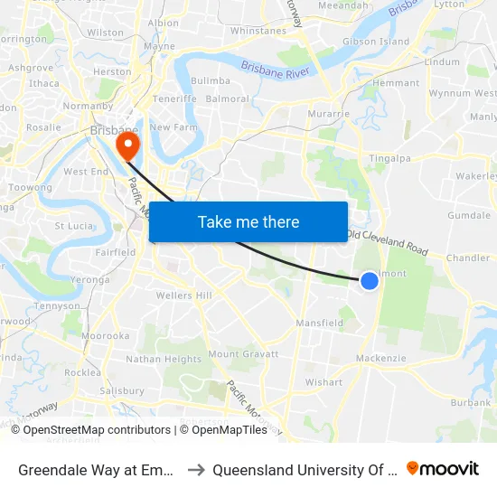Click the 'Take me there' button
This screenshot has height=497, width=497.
[248, 221]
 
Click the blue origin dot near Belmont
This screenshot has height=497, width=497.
[370, 281]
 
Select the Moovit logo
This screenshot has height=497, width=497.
[443, 469]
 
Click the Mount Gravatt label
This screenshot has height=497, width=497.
[243, 354]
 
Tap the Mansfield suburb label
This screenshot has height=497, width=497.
[320, 323]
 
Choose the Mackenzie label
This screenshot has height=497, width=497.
[381, 359]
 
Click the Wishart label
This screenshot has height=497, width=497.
[324, 382]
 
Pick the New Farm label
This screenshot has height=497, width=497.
[173, 127]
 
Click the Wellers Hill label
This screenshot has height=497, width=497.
[183, 295]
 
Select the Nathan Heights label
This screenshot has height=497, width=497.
[164, 359]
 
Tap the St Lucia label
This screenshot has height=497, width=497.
[75, 226]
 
